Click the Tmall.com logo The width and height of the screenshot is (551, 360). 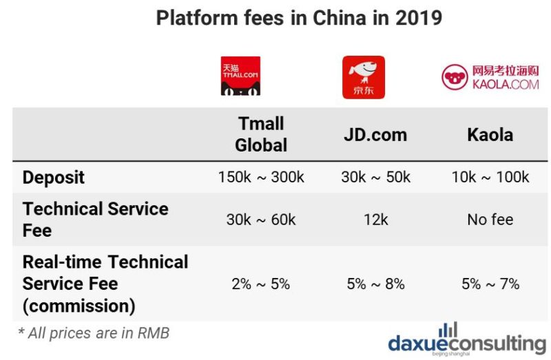coord(240,76)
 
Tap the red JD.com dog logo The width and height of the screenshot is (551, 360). coord(363,77)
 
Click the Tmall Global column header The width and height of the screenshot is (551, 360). coord(261,134)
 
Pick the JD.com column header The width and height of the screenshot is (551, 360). coord(375,134)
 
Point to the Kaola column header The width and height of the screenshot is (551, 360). coord(490,134)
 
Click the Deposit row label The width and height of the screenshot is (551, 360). coord(54,178)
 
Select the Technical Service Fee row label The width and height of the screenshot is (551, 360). coord(95,220)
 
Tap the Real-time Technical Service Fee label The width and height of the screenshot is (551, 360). coord(105,284)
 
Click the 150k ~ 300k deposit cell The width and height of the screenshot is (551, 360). coord(261,178)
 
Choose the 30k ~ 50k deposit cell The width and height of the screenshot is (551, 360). coord(375,178)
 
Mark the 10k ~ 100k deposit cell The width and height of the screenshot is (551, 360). coord(490,178)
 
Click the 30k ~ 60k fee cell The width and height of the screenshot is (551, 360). coord(261,220)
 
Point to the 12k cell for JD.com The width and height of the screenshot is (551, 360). coord(375,220)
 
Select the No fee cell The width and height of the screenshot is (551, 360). coord(490,220)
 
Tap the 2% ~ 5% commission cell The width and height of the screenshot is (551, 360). coord(261,284)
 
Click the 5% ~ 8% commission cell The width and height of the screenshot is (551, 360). coord(375,284)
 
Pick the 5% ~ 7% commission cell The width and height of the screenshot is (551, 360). coord(490,284)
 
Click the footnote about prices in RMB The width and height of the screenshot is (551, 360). coord(94,333)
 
